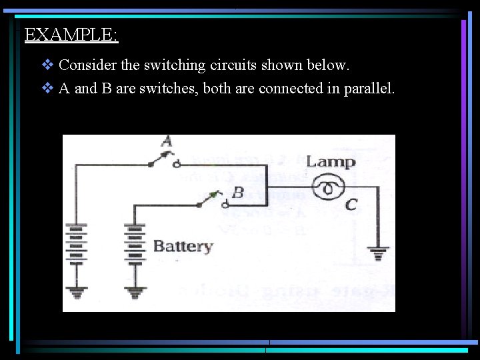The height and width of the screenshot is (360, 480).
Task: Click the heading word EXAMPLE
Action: [x=71, y=35]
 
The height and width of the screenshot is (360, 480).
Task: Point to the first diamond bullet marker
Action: [x=47, y=65]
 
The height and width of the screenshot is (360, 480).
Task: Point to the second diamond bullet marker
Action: [x=47, y=88]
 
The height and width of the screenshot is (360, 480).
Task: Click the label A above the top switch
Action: [x=167, y=141]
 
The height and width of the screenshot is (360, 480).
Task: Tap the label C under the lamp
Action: [x=351, y=205]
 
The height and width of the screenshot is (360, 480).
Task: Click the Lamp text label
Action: [x=330, y=161]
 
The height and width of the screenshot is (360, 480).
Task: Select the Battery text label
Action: [x=183, y=246]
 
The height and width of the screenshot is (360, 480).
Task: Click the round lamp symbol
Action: [x=327, y=189]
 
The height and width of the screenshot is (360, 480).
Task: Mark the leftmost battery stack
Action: [x=77, y=246]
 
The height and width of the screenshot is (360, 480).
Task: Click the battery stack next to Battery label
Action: [x=135, y=246]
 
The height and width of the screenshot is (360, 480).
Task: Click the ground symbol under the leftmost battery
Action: [x=77, y=291]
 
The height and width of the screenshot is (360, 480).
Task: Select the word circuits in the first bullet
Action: [x=234, y=65]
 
